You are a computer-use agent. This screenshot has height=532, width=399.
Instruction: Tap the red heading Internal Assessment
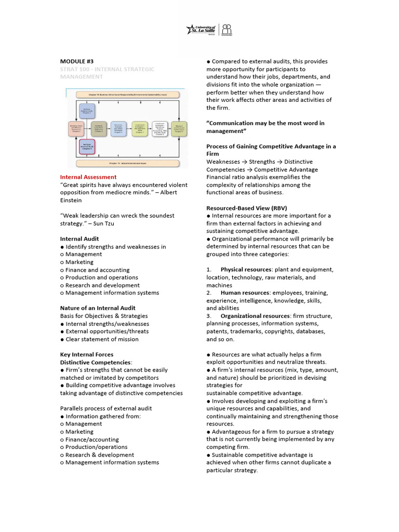[x=88, y=177]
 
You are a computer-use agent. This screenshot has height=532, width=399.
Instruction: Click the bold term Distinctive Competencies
[x=96, y=362]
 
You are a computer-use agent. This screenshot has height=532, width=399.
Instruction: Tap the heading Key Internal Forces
[x=86, y=354]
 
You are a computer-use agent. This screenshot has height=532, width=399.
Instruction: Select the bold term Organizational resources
[x=255, y=316]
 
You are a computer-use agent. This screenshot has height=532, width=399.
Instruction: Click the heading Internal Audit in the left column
[x=79, y=239]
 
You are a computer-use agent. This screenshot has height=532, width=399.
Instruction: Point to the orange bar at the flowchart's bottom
[x=128, y=163]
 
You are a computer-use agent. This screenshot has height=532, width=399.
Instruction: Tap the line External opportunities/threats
[x=107, y=331]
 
